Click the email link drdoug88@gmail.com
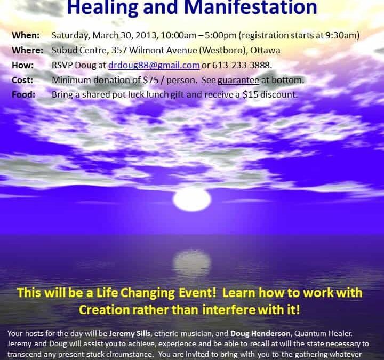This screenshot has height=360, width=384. [x=154, y=65]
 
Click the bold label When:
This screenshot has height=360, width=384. [x=26, y=35]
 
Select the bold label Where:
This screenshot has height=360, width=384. [x=27, y=50]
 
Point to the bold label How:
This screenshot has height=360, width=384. [x=22, y=65]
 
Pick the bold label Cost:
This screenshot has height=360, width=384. [x=22, y=80]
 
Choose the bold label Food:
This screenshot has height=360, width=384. [x=23, y=94]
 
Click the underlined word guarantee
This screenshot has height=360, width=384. [x=238, y=81]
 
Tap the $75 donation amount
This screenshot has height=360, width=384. [x=151, y=80]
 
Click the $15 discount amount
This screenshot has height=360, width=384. [x=250, y=94]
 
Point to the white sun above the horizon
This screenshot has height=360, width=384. [x=192, y=199]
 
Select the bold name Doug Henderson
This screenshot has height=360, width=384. [x=260, y=333]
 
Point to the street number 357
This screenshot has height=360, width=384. [x=119, y=50]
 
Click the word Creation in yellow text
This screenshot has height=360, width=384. [x=105, y=310]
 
